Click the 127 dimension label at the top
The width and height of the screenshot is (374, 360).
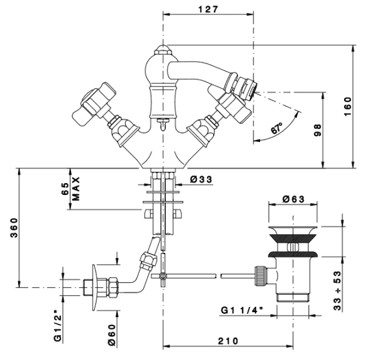pyautogui.click(x=208, y=9)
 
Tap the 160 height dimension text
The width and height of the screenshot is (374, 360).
pyautogui.click(x=348, y=107)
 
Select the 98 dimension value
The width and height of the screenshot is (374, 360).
pyautogui.click(x=318, y=130)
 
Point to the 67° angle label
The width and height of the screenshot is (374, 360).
pyautogui.click(x=277, y=128)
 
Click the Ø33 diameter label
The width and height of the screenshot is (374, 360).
pyautogui.click(x=201, y=179)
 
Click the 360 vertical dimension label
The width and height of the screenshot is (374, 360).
pyautogui.click(x=14, y=227)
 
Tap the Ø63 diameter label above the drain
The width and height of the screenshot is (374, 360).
pyautogui.click(x=294, y=199)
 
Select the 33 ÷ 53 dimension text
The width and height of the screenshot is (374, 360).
pyautogui.click(x=337, y=291)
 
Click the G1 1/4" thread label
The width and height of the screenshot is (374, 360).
pyautogui.click(x=242, y=310)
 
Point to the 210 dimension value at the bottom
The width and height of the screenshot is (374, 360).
pyautogui.click(x=228, y=341)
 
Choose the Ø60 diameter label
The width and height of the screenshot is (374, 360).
pyautogui.click(x=112, y=334)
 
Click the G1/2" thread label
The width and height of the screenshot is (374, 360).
pyautogui.click(x=58, y=325)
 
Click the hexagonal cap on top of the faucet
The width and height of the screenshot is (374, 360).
pyautogui.click(x=163, y=50)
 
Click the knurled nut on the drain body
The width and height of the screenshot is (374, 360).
pyautogui.click(x=261, y=276)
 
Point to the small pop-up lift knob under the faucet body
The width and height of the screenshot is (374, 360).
pyautogui.click(x=163, y=123)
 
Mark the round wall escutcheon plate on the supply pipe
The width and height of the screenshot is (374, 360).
pyautogui.click(x=95, y=287)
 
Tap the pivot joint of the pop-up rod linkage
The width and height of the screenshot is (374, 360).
pyautogui.click(x=163, y=276)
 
